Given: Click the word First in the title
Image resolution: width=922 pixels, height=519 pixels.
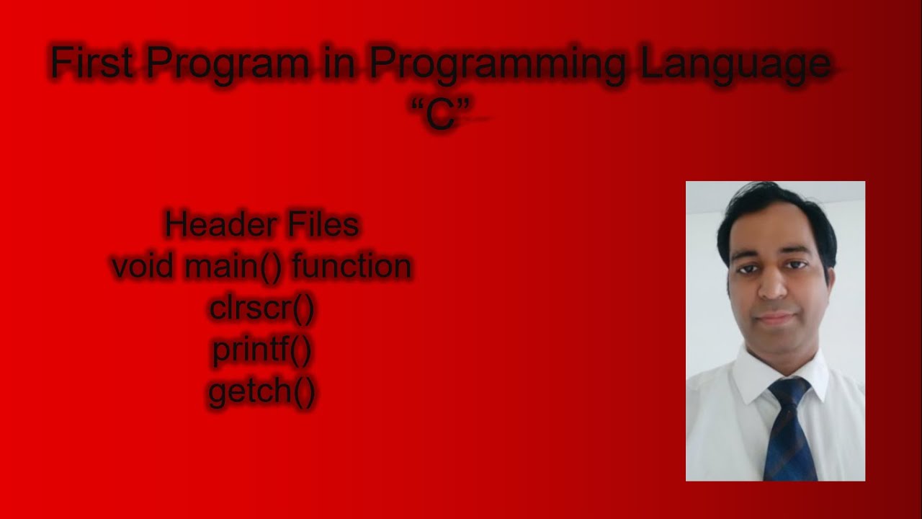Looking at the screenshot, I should (x=91, y=63).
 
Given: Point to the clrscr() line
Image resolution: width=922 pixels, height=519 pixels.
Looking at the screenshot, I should (x=262, y=309).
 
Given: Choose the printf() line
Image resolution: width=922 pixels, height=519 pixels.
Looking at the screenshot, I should (x=262, y=351).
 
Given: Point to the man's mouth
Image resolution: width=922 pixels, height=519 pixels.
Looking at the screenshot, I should (x=773, y=316).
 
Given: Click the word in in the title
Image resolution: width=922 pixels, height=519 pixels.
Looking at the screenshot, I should (x=339, y=63).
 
